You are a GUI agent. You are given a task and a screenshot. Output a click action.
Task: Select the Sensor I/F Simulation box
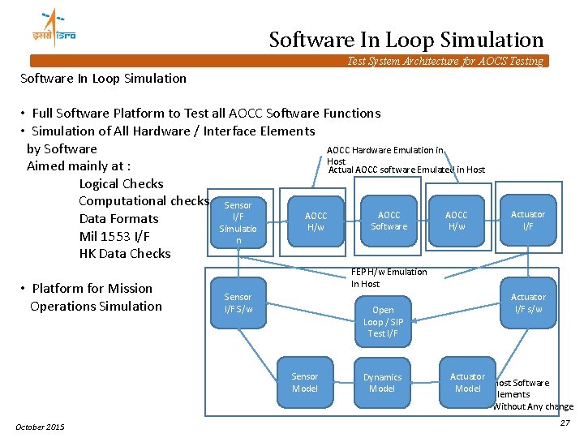point(238,222)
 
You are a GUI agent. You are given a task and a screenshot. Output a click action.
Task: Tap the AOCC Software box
point(389,220)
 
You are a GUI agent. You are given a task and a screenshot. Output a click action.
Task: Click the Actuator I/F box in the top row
point(528,220)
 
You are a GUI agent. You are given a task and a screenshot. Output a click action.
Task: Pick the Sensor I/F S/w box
point(238,302)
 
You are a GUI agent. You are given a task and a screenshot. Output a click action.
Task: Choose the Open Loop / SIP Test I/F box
point(383,321)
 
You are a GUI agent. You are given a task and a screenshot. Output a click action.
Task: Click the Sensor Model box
point(305,382)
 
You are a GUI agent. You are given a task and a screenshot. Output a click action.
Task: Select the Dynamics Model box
point(382,382)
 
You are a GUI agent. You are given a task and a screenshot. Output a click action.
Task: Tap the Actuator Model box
point(467,381)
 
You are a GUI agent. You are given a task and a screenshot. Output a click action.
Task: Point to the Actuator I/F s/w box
point(528,302)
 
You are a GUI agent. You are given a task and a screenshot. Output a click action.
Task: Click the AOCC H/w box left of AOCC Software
point(316,221)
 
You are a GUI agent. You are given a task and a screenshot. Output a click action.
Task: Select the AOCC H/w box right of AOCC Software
point(457,221)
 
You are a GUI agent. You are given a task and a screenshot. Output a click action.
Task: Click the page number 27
point(565,423)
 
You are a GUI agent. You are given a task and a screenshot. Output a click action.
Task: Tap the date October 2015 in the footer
point(41,427)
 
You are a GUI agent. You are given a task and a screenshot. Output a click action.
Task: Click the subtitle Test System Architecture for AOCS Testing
point(444,62)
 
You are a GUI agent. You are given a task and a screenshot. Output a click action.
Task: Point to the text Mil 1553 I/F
point(114,236)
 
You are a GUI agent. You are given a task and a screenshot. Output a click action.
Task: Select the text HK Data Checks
point(125,254)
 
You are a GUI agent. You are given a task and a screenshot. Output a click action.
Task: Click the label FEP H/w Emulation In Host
point(389,277)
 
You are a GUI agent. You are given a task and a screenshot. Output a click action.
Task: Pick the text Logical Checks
point(121,183)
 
